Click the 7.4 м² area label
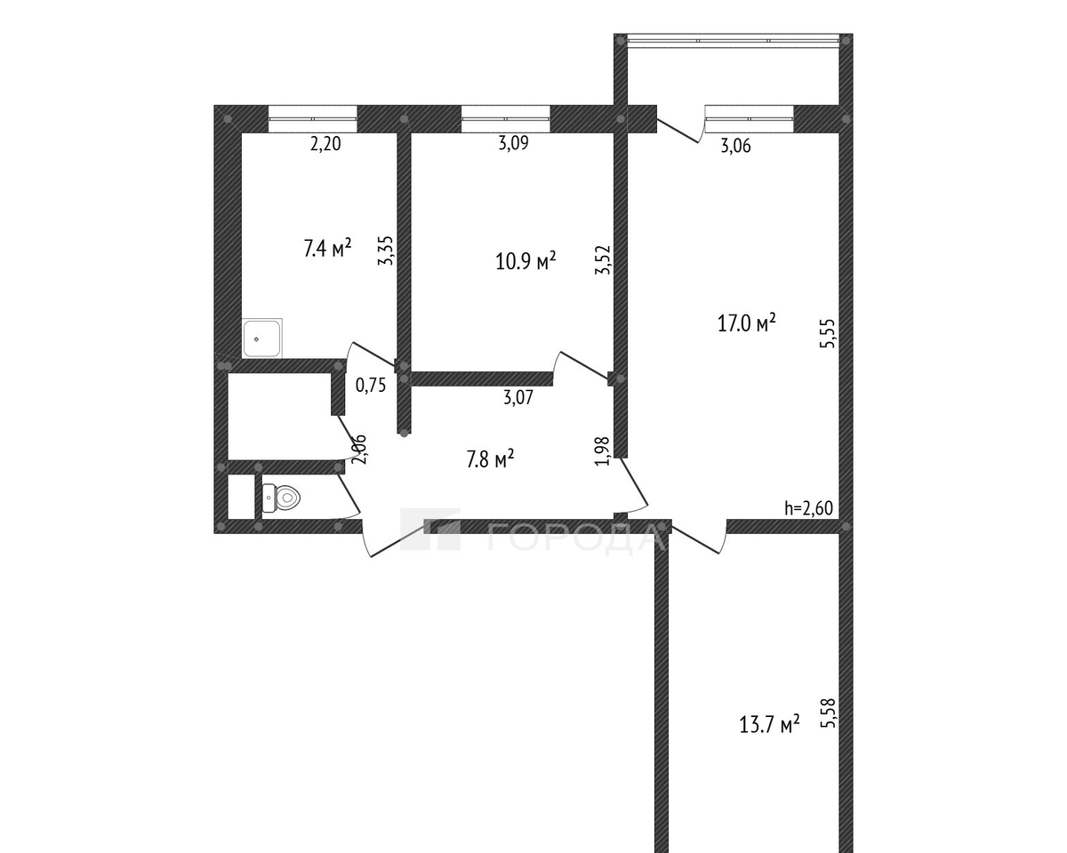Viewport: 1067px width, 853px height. click(328, 248)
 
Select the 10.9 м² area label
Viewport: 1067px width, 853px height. click(525, 260)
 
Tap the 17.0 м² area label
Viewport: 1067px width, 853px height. click(747, 323)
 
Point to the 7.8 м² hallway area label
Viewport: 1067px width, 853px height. click(490, 458)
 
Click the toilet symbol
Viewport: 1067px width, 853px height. click(281, 498)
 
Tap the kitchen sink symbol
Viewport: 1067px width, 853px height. click(262, 338)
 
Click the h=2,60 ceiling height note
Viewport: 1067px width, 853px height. click(808, 507)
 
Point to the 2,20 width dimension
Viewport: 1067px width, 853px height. click(325, 144)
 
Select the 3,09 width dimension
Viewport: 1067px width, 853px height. click(514, 143)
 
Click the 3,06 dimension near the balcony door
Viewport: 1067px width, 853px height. click(736, 146)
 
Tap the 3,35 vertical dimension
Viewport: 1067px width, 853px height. click(385, 251)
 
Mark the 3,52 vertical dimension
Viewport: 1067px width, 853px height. click(603, 260)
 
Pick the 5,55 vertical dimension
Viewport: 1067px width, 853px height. click(828, 333)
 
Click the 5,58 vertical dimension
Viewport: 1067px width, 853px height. click(828, 713)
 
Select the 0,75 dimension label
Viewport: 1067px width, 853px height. click(371, 385)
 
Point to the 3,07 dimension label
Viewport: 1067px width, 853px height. click(518, 397)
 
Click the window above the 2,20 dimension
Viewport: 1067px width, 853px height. click(313, 119)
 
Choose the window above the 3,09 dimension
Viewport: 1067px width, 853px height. click(506, 119)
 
